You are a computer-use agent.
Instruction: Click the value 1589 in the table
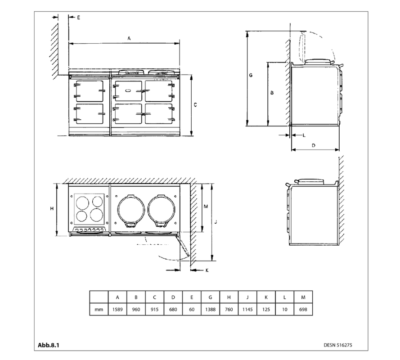(117, 310)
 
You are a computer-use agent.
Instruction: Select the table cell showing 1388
(211, 310)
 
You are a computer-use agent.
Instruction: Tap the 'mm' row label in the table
(99, 310)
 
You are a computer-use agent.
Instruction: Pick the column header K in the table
(266, 297)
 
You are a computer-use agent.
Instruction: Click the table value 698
(303, 310)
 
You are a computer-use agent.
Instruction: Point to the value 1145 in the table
(247, 310)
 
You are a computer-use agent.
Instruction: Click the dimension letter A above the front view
(129, 39)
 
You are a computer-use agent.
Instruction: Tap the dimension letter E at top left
(77, 17)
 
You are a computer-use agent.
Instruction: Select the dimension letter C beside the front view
(195, 104)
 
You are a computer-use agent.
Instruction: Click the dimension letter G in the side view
(251, 76)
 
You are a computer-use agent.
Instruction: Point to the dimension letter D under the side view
(313, 145)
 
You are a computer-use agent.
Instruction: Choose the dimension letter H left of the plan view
(52, 209)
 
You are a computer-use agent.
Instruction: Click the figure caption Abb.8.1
(48, 345)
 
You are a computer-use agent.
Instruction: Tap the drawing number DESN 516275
(338, 346)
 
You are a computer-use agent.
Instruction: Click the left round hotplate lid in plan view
(130, 210)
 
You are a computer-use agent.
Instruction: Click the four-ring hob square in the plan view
(89, 208)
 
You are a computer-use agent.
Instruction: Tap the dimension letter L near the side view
(303, 135)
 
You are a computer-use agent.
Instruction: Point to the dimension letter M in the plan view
(206, 206)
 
